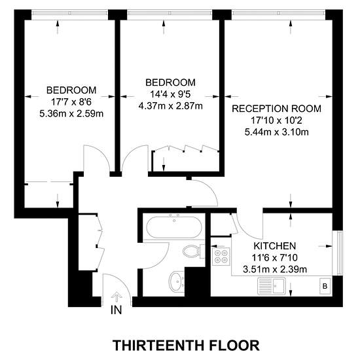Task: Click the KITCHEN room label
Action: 275,246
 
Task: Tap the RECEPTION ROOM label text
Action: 276,109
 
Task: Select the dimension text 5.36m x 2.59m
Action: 71,114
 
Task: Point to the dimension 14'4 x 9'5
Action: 170,94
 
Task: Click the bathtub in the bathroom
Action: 174,227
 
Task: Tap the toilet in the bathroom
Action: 193,251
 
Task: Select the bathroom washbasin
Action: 176,281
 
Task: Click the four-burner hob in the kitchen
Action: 221,256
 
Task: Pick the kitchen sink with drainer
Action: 272,286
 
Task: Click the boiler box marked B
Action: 325,286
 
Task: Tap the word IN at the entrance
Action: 116,310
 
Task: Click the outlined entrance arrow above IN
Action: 117,297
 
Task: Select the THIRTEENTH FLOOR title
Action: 186,345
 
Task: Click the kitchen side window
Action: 338,253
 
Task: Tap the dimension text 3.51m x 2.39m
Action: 275,269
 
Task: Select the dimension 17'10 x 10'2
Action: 276,120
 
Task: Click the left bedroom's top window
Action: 69,12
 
